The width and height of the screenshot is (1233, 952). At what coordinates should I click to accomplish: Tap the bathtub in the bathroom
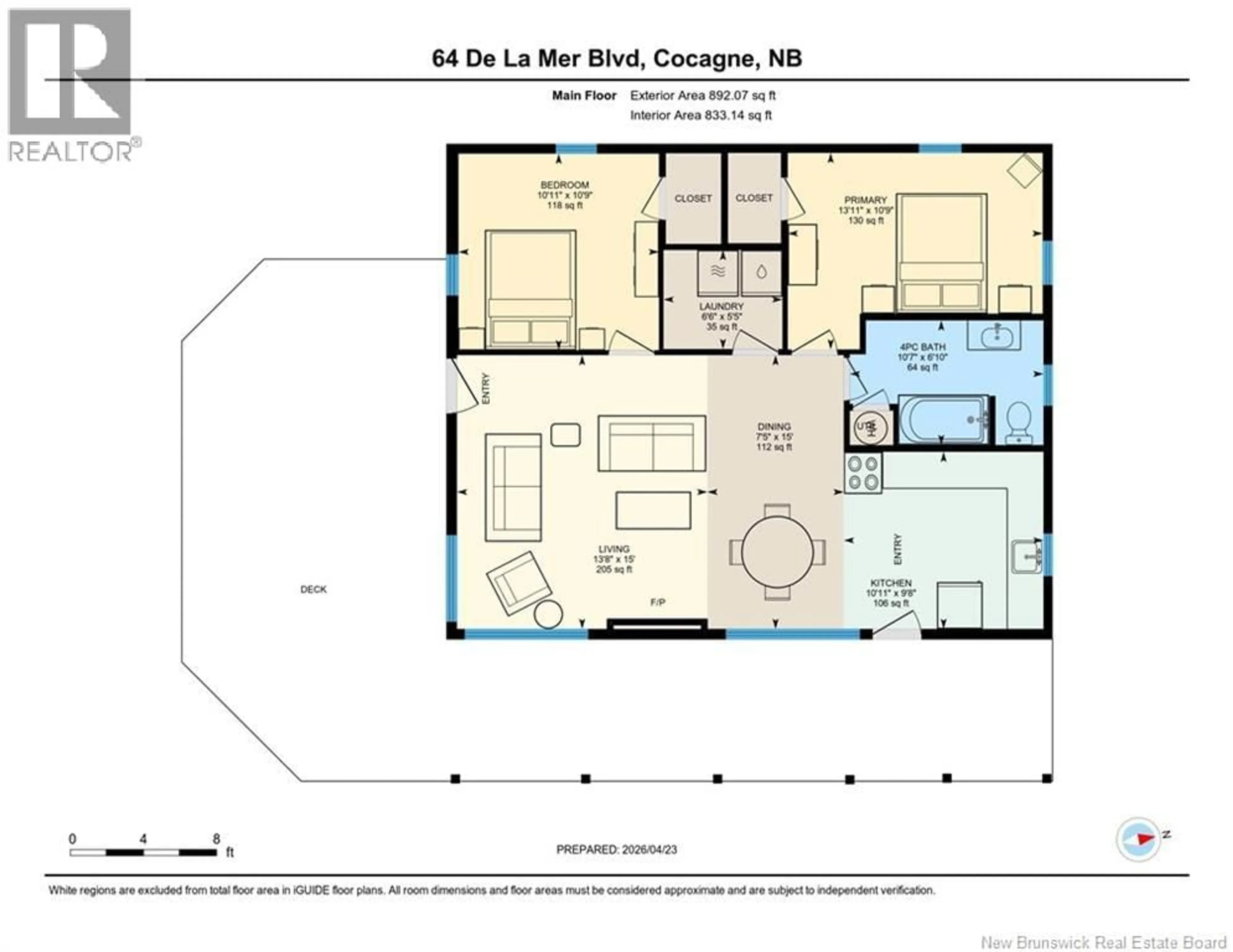click(942, 419)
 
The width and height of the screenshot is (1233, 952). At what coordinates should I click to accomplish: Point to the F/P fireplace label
click(658, 603)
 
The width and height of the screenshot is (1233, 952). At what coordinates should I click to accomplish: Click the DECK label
click(313, 589)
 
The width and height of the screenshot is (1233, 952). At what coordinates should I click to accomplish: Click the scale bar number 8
click(216, 839)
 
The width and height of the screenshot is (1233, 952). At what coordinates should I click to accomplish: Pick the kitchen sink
click(1026, 557)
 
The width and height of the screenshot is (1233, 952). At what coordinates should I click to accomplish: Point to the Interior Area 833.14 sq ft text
click(701, 115)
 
